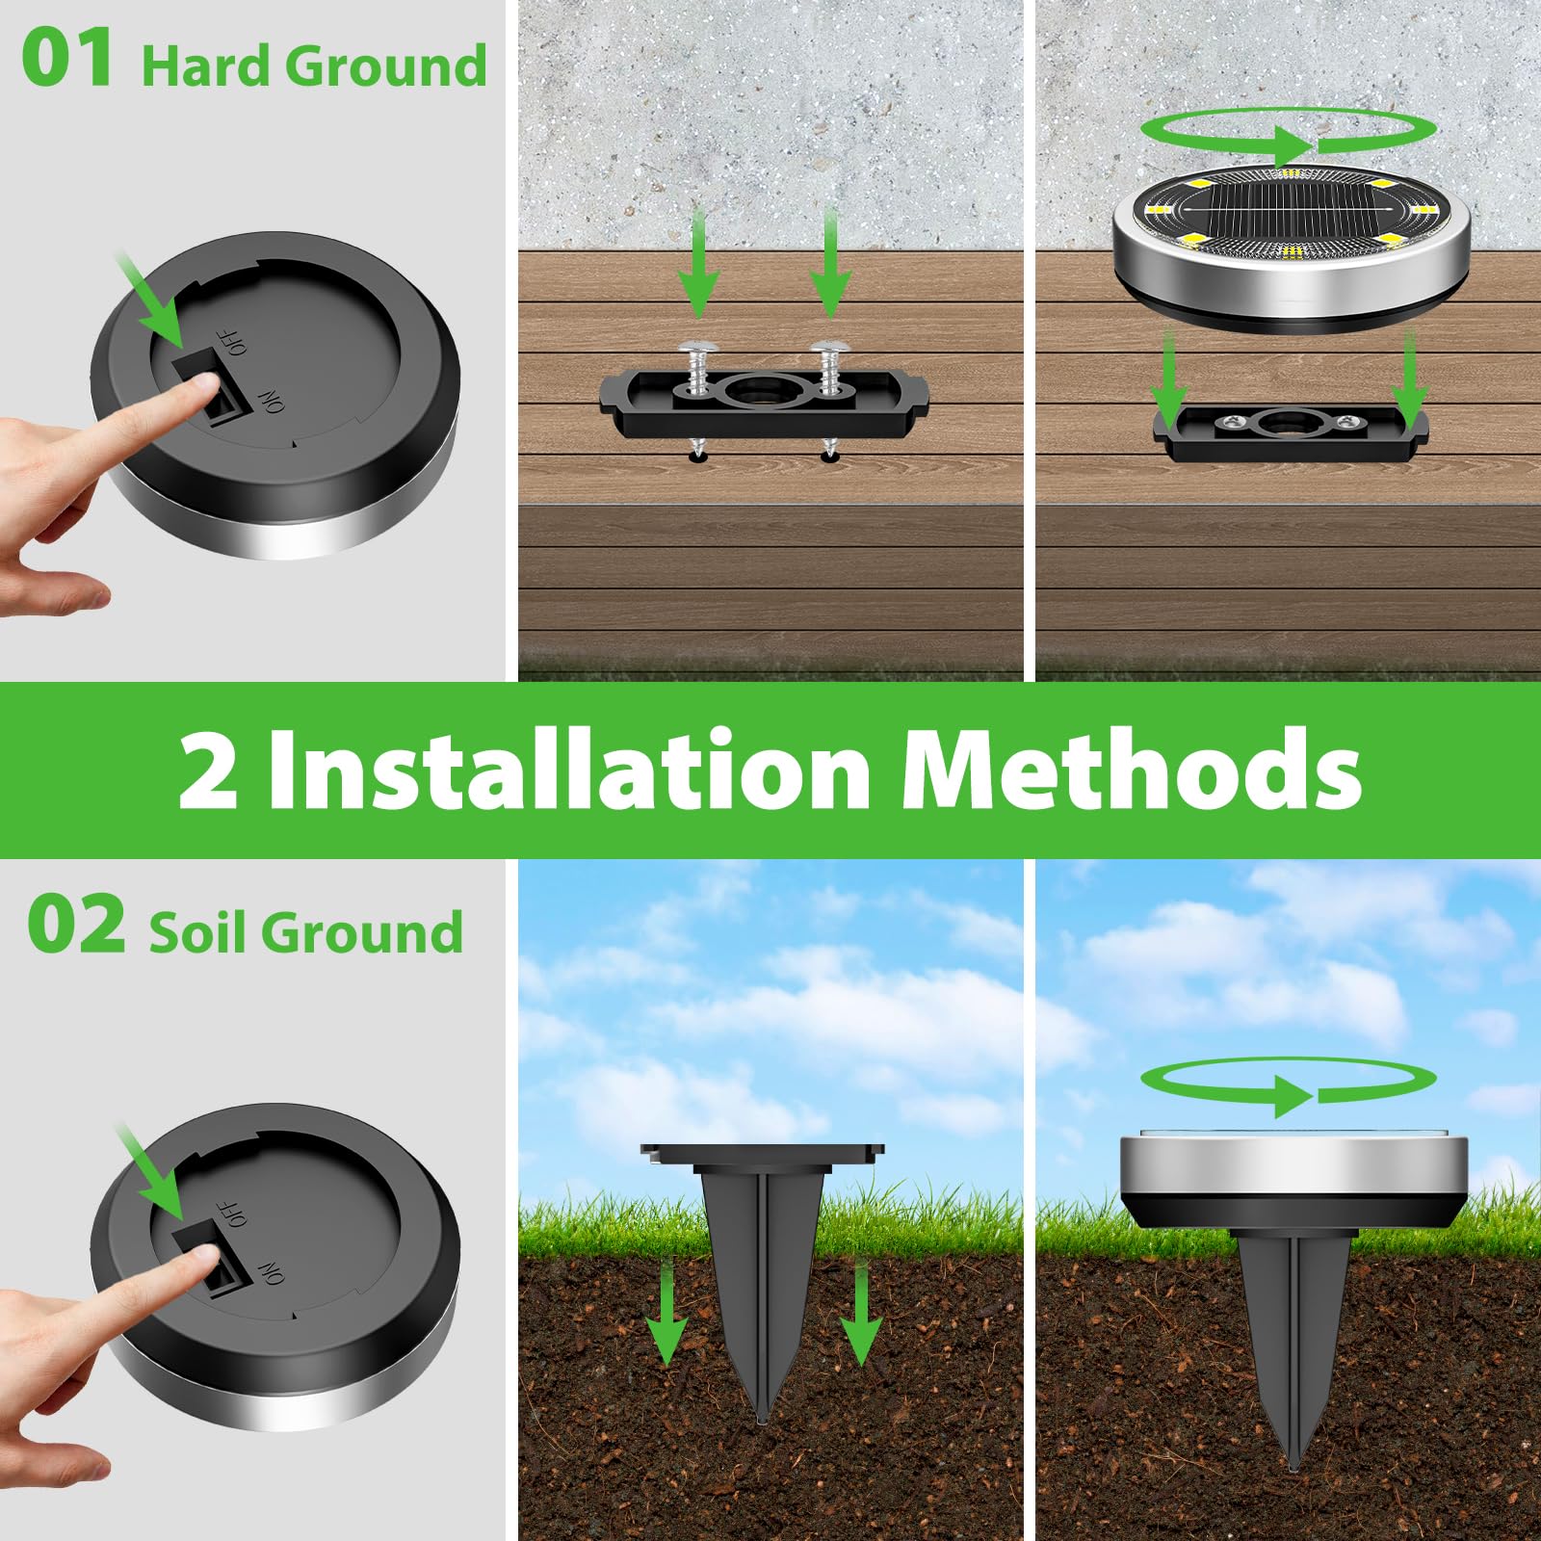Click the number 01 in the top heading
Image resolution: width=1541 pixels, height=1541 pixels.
(x=67, y=60)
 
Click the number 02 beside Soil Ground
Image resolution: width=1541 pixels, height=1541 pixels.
(x=76, y=926)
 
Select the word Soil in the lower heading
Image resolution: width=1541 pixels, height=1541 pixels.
(x=197, y=932)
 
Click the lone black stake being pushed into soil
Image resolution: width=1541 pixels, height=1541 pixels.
(x=761, y=1281)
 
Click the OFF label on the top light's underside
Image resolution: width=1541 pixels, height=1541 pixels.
(x=234, y=341)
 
